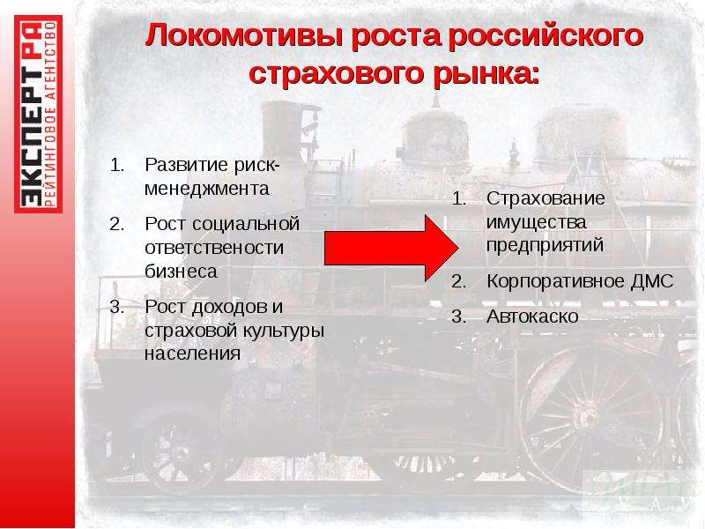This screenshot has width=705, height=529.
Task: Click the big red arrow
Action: [x=390, y=248]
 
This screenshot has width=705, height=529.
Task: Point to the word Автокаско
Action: [x=532, y=317]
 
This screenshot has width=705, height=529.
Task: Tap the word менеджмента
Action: [x=207, y=189]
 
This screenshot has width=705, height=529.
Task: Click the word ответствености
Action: [x=214, y=248]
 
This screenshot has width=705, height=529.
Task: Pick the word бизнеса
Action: [x=181, y=272]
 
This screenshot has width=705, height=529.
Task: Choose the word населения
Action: [x=192, y=354]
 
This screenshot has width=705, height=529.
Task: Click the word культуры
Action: [x=283, y=331]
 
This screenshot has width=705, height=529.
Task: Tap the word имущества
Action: [x=536, y=223]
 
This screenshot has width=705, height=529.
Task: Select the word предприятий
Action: [x=545, y=246]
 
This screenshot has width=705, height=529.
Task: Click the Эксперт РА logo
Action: [x=38, y=114]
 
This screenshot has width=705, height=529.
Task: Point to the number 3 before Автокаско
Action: [x=458, y=317]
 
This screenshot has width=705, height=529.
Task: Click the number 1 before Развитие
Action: [x=116, y=165]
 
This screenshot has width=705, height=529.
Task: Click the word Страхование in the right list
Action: [x=545, y=198]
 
